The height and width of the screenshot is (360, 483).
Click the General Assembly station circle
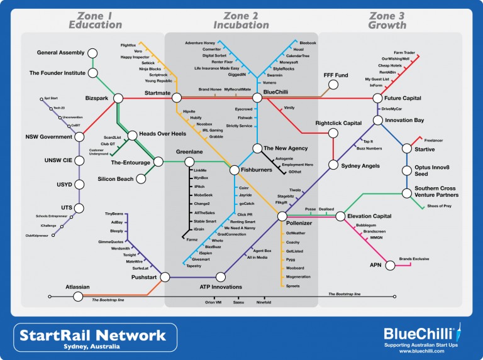pyautogui.click(x=92, y=53)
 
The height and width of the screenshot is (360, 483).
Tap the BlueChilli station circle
pyautogui.click(x=257, y=98)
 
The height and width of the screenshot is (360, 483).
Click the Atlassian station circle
pyautogui.click(x=77, y=295)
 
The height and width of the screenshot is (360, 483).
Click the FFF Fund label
pyautogui.click(x=335, y=75)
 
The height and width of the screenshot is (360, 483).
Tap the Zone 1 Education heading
pyautogui.click(x=95, y=20)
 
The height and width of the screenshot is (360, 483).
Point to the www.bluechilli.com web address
pyautogui.click(x=422, y=351)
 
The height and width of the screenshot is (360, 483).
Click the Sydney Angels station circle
pyautogui.click(x=333, y=165)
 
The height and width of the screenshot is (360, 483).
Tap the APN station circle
pyautogui.click(x=391, y=266)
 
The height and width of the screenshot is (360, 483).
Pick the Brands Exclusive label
pyautogui.click(x=414, y=259)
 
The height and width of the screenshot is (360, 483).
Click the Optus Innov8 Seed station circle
pyautogui.click(x=408, y=171)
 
